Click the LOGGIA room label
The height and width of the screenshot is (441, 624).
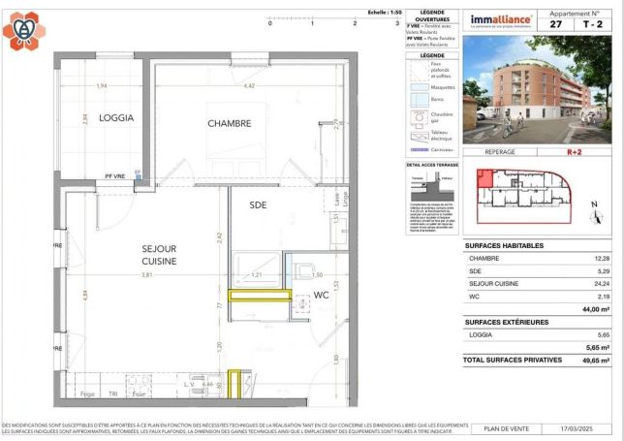115,118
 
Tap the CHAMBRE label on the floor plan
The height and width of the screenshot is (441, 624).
230,123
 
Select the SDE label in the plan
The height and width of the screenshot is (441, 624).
258,205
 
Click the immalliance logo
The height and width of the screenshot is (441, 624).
500,19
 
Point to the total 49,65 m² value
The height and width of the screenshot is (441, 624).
595,360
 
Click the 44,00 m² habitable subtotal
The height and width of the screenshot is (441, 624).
595,309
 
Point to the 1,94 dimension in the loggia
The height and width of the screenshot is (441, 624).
102,86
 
